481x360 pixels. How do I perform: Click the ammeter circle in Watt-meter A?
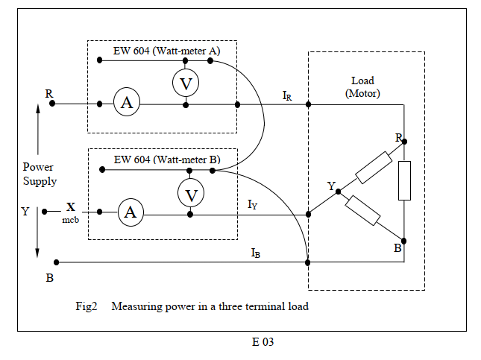(127, 104)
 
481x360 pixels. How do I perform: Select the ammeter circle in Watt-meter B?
(131, 213)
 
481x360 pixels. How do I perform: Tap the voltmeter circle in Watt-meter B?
(191, 195)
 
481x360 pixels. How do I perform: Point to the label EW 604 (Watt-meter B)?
(167, 160)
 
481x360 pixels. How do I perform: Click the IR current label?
(287, 95)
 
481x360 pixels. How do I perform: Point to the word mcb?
(71, 220)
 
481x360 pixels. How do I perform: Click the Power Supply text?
(38, 174)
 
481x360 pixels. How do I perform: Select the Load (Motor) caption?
(362, 87)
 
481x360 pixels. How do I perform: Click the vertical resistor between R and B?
(404, 180)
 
